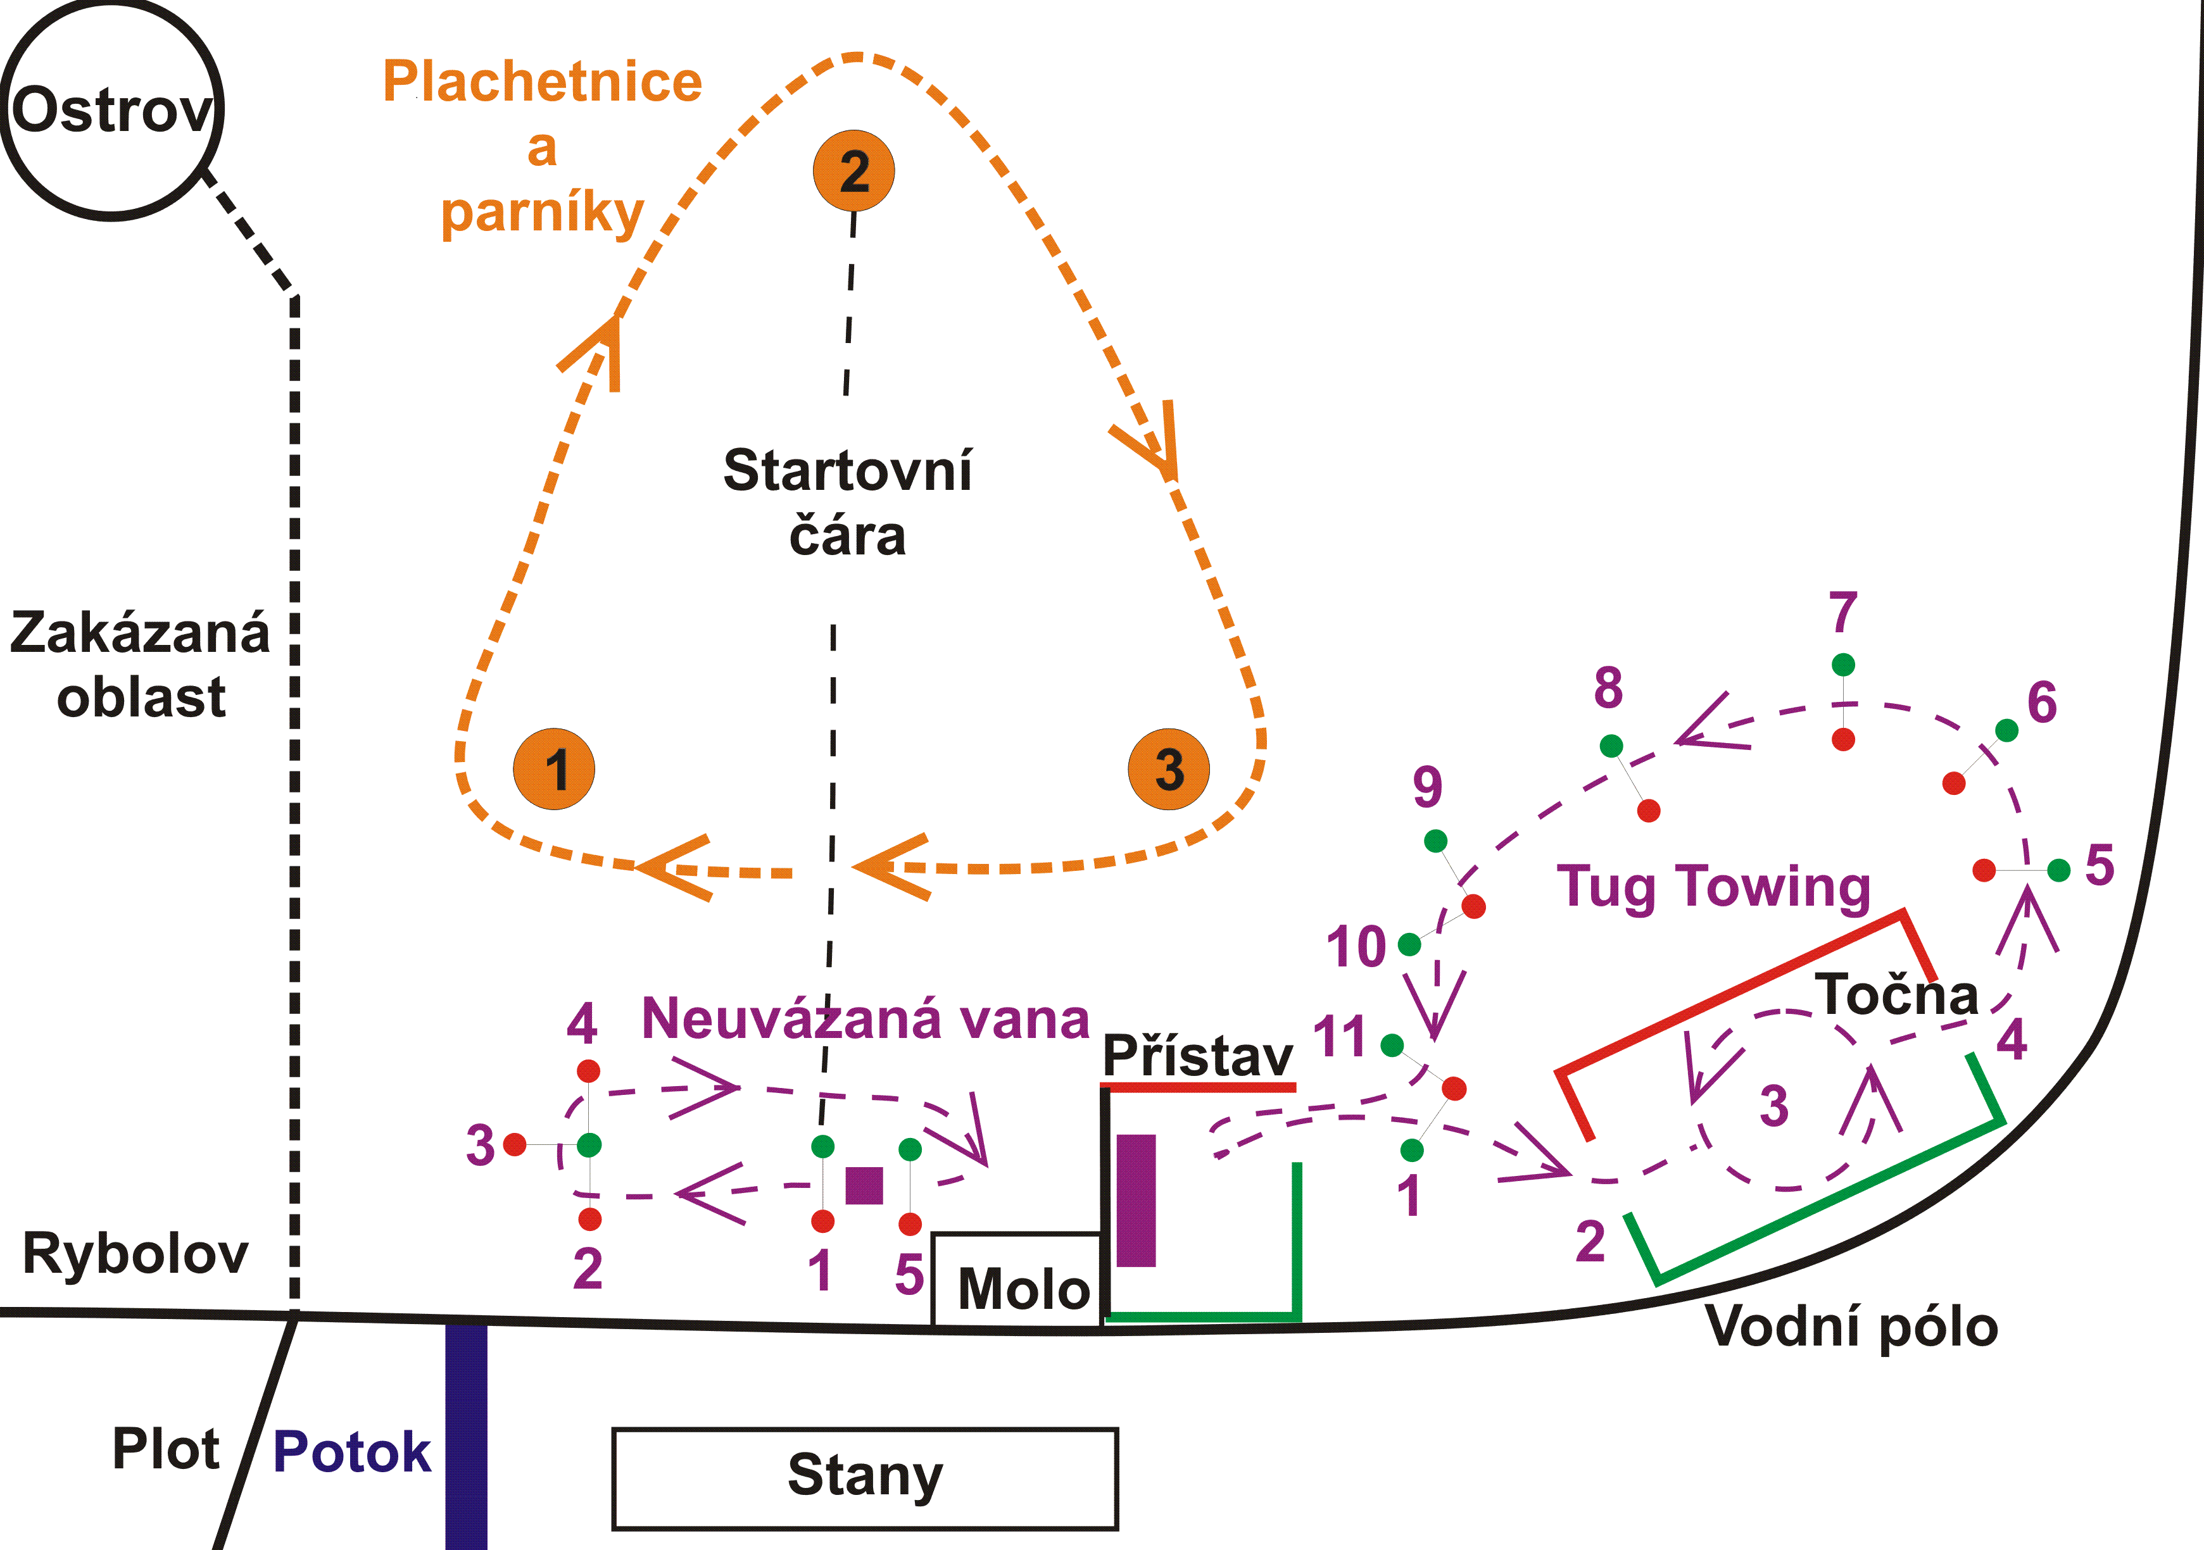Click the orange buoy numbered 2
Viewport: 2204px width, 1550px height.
(x=853, y=171)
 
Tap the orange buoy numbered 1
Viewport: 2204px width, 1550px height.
(x=554, y=769)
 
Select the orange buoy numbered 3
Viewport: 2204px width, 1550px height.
(x=1168, y=769)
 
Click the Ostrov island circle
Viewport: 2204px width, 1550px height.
(x=111, y=110)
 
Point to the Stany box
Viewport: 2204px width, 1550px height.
(x=865, y=1478)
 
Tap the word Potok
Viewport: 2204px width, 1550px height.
(x=351, y=1451)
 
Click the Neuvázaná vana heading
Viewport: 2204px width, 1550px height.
(x=865, y=1018)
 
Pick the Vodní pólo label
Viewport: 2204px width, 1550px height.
(x=1851, y=1327)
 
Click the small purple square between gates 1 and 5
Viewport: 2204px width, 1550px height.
(x=864, y=1185)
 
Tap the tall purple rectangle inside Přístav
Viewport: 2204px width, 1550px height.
(x=1136, y=1200)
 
